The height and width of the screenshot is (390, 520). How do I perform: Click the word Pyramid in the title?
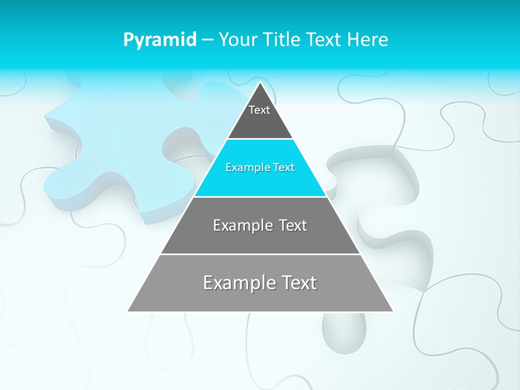tap(159, 40)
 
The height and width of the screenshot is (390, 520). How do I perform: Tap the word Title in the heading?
tap(283, 40)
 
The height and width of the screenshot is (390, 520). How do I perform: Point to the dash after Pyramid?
tap(207, 40)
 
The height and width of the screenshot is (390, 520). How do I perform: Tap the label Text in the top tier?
tap(259, 110)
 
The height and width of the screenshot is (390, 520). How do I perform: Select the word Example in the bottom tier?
tap(238, 283)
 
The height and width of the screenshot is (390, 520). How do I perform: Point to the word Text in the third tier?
tap(291, 225)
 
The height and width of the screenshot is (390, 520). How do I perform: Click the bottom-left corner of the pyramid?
tap(128, 311)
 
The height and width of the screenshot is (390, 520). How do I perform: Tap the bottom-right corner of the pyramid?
tap(393, 311)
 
